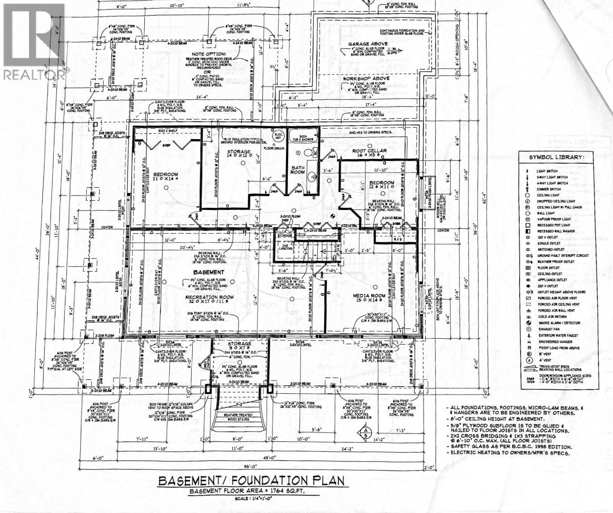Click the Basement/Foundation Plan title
click(252, 481)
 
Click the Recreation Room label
click(210, 297)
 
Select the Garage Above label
click(368, 44)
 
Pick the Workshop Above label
click(366, 78)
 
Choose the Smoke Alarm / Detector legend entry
click(559, 323)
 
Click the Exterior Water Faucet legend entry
click(559, 335)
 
